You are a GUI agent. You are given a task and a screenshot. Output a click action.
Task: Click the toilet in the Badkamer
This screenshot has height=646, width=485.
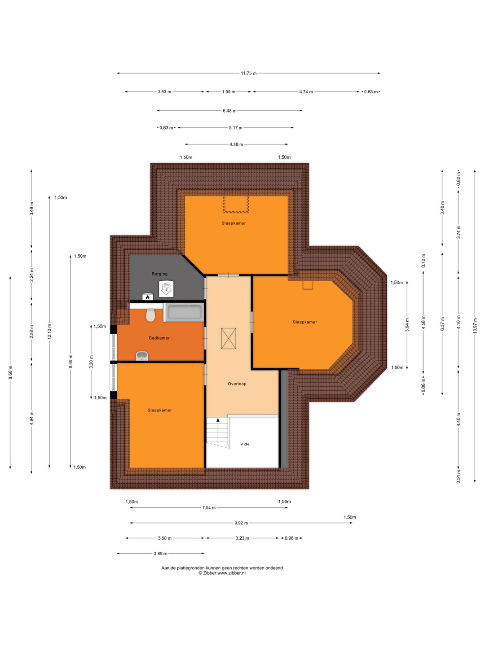[150, 315]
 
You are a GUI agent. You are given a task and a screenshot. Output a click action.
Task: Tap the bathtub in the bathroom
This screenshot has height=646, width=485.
[184, 312]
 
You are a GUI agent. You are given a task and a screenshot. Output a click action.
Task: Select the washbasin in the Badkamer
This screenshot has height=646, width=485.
[142, 356]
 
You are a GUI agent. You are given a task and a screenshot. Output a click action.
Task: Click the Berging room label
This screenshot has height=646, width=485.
[159, 274]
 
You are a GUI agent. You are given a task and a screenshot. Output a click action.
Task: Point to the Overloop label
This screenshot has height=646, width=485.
[237, 384]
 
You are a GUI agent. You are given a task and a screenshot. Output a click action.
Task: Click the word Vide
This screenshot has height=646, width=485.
[245, 444]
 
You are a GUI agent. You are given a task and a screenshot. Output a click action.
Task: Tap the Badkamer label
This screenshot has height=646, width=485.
[159, 338]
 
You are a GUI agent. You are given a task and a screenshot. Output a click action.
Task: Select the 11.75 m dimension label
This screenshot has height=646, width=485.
[248, 73]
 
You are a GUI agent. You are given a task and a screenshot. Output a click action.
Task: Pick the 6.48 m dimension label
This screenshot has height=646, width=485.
[229, 111]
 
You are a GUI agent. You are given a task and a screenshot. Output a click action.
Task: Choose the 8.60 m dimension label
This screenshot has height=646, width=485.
[10, 372]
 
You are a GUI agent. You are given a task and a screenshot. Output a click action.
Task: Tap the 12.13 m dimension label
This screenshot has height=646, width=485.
[49, 332]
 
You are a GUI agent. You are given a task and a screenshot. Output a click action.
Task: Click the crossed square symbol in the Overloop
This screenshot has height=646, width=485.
[229, 338]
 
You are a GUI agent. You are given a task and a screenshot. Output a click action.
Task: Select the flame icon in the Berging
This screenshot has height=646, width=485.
[148, 297]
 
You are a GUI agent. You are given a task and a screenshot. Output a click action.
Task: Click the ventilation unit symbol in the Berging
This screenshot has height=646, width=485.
[166, 289]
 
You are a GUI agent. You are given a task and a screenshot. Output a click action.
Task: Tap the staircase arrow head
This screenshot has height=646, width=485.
[218, 420]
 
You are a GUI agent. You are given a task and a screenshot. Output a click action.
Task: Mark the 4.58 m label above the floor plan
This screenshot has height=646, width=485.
[236, 144]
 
